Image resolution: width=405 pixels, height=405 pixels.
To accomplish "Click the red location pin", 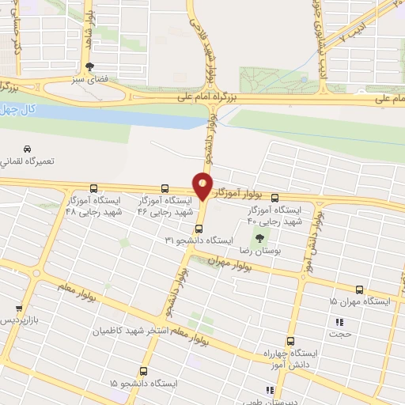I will click(x=203, y=187).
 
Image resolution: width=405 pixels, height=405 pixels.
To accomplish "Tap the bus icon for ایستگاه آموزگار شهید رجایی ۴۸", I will click(x=95, y=188).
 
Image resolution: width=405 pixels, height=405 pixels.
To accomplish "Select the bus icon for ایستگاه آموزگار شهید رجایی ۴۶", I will click(x=165, y=188).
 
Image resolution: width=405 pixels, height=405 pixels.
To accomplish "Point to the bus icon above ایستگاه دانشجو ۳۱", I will click(x=199, y=225).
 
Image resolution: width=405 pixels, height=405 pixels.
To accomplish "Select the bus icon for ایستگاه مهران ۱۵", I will click(x=360, y=290).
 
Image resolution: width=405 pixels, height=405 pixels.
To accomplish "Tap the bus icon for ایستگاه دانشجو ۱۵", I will click(x=142, y=370).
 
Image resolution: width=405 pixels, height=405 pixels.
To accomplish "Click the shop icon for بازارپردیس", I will click(x=19, y=308).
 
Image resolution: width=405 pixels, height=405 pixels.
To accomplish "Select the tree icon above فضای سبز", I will click(x=90, y=68).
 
